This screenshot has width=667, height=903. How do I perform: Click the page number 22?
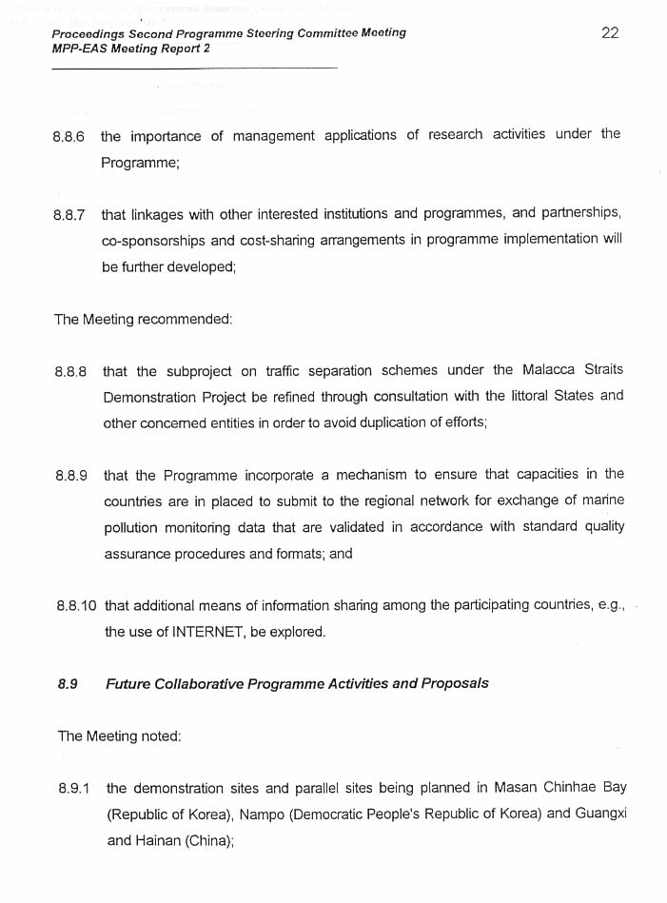tap(610, 32)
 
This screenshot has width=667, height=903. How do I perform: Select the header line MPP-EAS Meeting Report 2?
tap(131, 49)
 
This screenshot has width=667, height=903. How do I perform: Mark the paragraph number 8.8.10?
tap(75, 605)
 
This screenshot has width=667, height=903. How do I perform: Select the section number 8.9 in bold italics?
tap(67, 683)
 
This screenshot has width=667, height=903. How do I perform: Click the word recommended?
tap(185, 319)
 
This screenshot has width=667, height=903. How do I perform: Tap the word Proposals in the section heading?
tap(455, 683)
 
